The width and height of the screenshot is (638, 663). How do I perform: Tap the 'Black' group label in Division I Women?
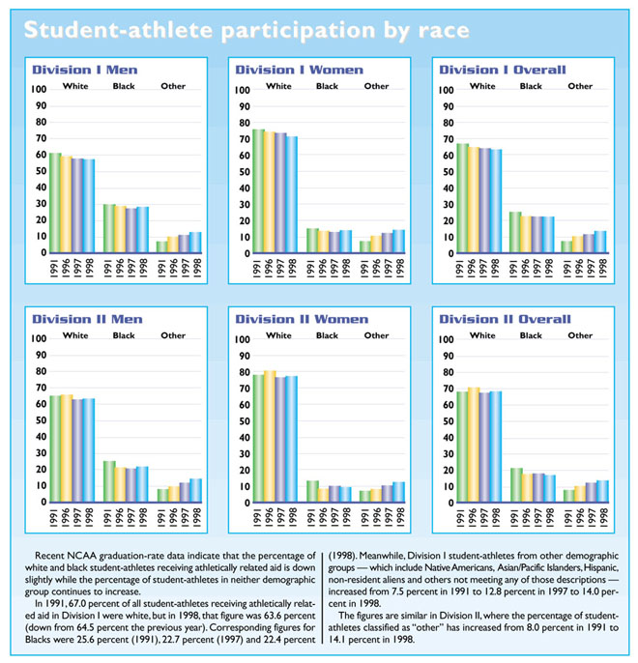[327, 87]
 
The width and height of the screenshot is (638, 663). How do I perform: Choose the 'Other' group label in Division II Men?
[173, 335]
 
